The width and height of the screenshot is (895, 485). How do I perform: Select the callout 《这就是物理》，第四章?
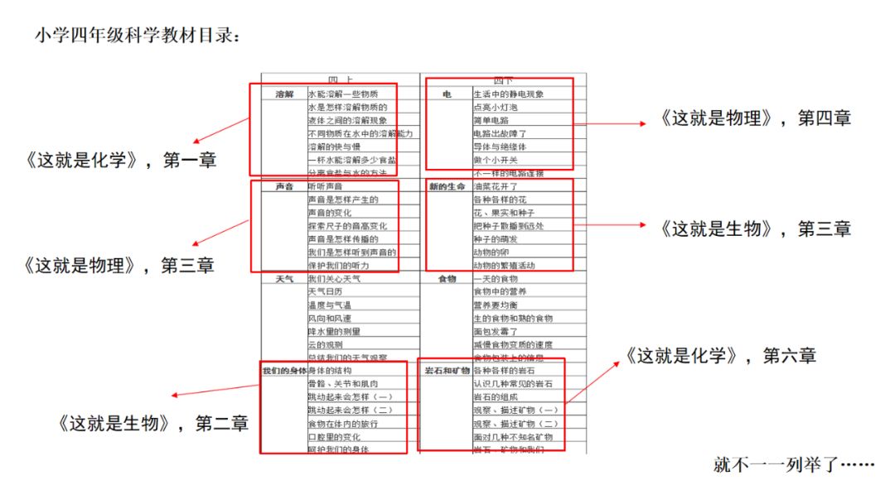click(756, 118)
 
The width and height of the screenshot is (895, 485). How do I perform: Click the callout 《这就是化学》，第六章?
click(720, 356)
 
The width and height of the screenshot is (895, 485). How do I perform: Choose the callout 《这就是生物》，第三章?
click(756, 228)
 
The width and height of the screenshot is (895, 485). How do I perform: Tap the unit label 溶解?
click(284, 94)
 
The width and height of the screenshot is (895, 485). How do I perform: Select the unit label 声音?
click(284, 187)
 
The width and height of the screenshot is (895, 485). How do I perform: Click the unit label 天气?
click(284, 280)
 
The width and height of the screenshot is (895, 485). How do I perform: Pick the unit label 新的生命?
click(447, 187)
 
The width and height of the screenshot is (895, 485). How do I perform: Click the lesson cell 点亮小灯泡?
click(495, 108)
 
